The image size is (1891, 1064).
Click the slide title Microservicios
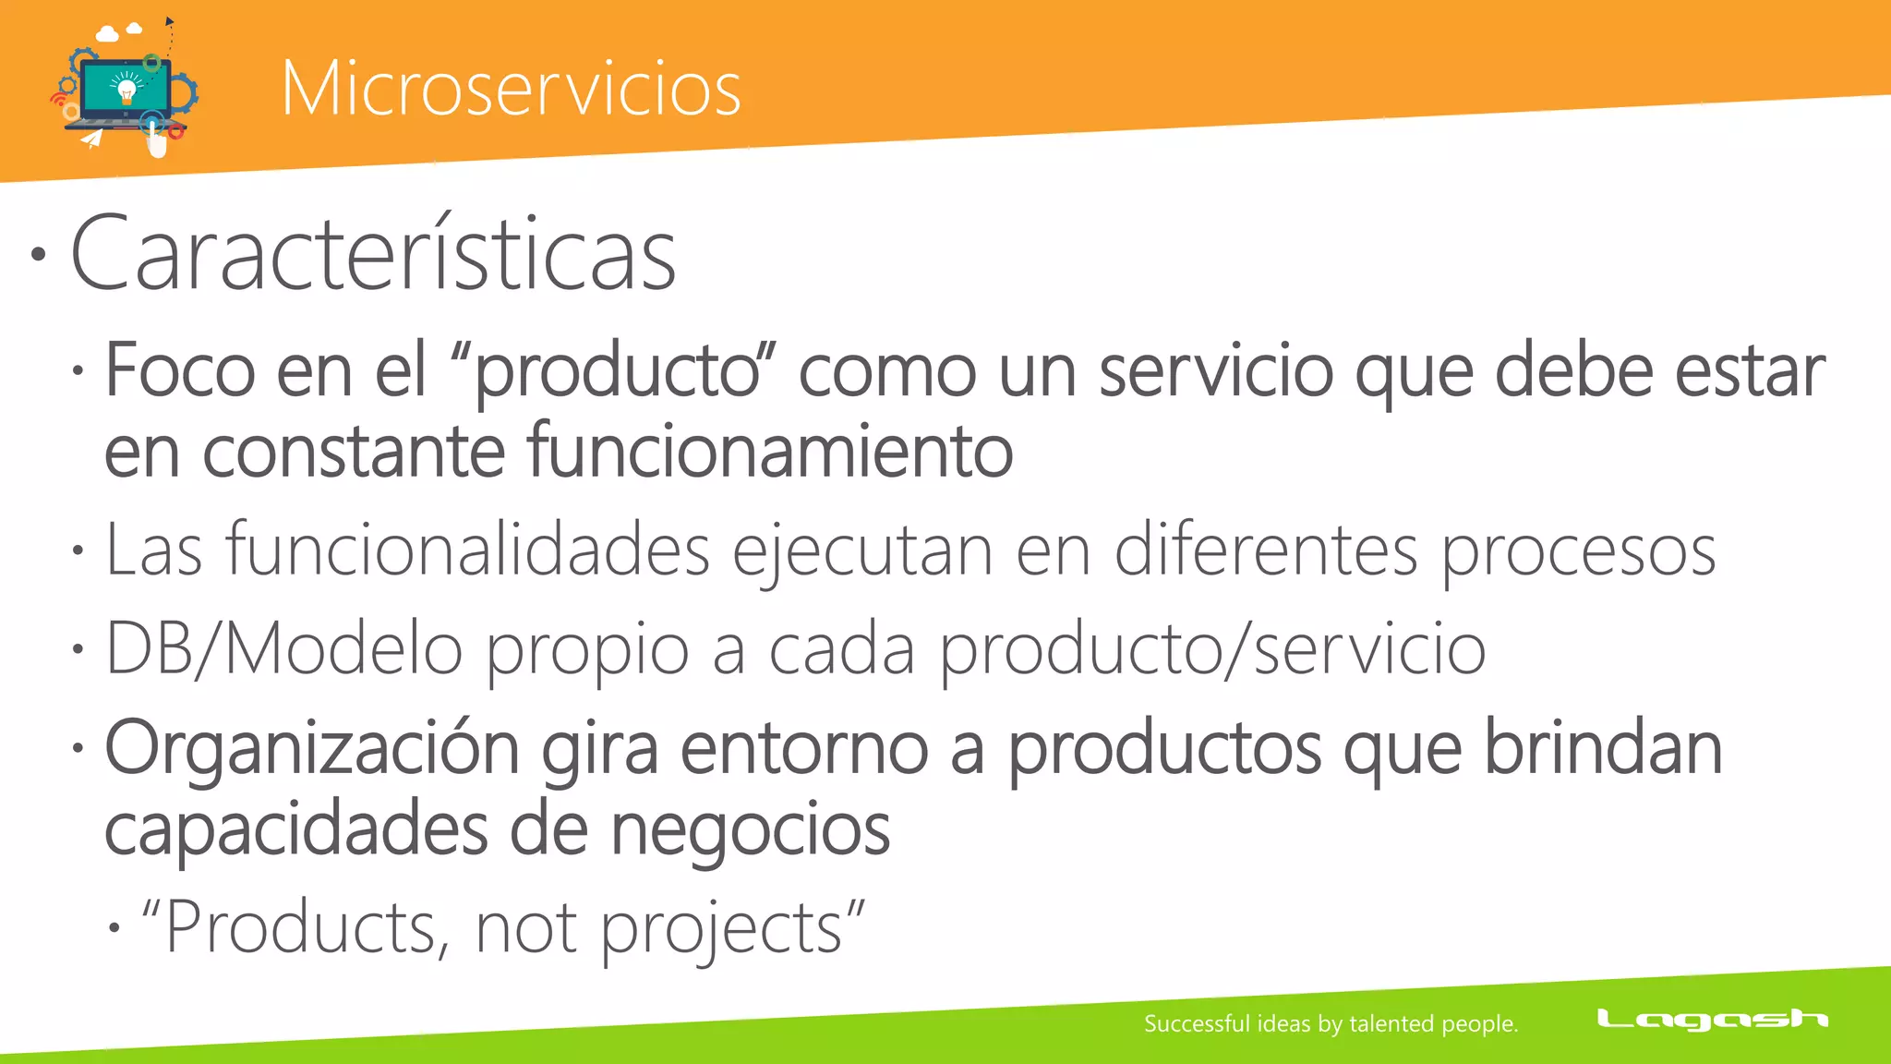click(511, 89)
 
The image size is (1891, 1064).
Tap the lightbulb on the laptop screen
click(126, 90)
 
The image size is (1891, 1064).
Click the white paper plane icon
click(91, 139)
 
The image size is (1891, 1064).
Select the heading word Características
click(373, 254)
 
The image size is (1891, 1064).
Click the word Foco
click(180, 370)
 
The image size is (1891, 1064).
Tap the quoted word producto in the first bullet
click(617, 372)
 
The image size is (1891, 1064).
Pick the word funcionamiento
click(770, 451)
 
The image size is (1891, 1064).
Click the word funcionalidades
click(468, 550)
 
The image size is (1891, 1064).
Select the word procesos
click(1578, 552)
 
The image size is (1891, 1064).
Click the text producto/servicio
click(1212, 650)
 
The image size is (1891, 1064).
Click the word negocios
click(750, 829)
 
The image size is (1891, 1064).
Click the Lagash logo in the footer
click(1712, 1019)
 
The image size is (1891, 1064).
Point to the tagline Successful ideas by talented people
click(1331, 1023)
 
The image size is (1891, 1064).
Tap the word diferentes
click(1266, 550)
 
